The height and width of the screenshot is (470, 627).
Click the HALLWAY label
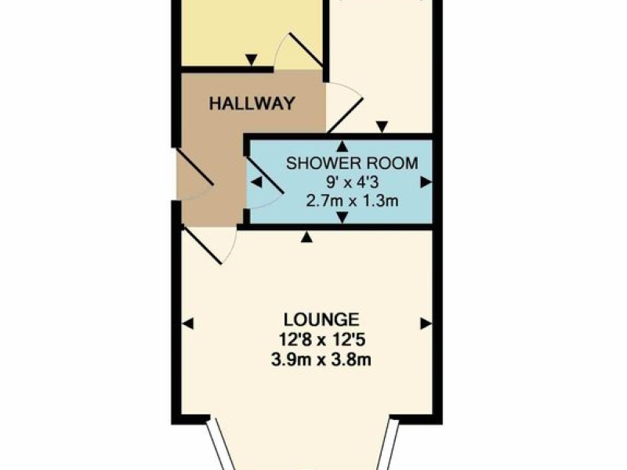252,103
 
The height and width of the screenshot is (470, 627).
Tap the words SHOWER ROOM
352,164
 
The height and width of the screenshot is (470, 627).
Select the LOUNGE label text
321,320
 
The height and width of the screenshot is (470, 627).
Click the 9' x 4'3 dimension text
352,183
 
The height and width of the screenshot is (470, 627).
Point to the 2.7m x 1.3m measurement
352,201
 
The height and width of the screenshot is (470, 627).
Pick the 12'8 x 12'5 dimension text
321,340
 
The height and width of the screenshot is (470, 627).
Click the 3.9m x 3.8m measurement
321,360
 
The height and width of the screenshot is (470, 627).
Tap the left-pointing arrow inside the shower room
256,183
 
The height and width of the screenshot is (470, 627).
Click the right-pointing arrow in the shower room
426,183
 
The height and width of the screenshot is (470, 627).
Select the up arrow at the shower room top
342,146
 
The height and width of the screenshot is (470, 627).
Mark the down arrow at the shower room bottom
342,218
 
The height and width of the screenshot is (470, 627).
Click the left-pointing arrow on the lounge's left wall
188,323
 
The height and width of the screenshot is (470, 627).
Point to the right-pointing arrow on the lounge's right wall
426,323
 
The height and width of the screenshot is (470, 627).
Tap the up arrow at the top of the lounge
306,237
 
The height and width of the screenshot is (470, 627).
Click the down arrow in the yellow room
251,60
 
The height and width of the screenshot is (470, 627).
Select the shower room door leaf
265,175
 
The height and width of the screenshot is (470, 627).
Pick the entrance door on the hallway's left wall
194,167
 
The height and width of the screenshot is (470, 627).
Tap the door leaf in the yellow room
306,50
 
